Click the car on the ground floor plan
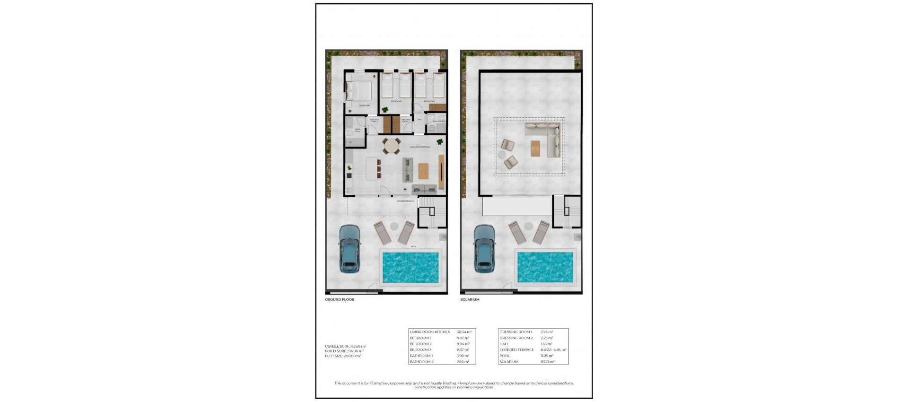point(350,249)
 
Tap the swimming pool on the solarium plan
point(545,267)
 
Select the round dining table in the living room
point(391,147)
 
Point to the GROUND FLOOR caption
point(340,300)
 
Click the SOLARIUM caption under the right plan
point(470,300)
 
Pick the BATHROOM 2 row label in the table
point(421,362)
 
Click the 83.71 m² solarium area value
point(547,362)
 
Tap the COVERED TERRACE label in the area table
point(516,350)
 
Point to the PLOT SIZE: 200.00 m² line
point(343,356)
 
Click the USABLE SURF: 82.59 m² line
point(345,346)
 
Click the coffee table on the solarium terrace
point(535,149)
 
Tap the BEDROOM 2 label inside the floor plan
point(396,101)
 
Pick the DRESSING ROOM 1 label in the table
point(515,332)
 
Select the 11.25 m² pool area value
point(547,356)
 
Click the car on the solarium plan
point(485,249)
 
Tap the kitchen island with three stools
point(372,168)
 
